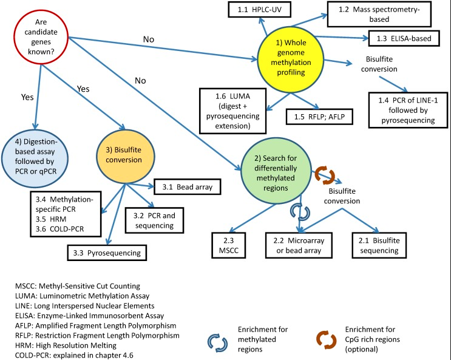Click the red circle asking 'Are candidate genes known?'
[41, 37]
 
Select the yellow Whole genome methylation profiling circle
[291, 59]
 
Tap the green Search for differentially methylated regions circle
[276, 171]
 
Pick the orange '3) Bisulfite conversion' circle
[126, 157]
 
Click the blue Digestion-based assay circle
[35, 159]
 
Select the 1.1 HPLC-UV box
[259, 10]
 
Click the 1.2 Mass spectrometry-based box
[379, 15]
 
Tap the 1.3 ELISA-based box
[404, 38]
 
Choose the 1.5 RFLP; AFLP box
[319, 117]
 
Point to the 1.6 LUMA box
[232, 111]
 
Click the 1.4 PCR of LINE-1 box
[408, 110]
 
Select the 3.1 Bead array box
[188, 187]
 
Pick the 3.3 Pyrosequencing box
[107, 253]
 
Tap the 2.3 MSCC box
[229, 245]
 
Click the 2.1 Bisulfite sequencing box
[379, 245]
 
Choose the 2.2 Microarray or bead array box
[299, 245]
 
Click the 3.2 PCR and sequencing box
[154, 220]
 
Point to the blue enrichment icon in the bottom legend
[217, 343]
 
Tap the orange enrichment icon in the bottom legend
[327, 340]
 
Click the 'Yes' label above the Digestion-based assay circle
[27, 97]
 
